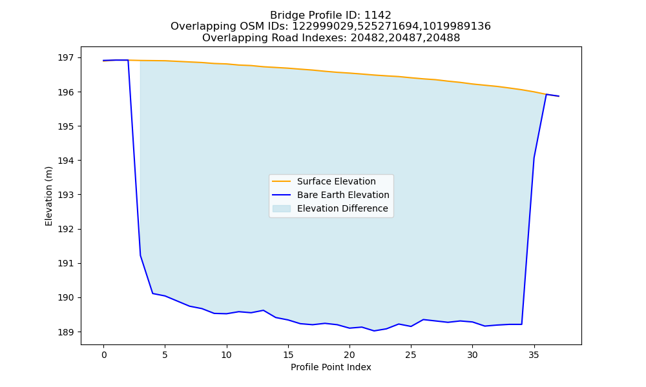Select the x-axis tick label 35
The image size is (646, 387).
[x=534, y=355]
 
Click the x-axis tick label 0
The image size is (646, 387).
[x=104, y=355]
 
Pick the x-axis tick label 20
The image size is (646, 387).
[x=349, y=355]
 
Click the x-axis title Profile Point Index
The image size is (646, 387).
[x=331, y=367]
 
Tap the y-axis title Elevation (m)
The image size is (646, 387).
[x=48, y=196]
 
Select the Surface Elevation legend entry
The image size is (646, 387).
[x=336, y=181]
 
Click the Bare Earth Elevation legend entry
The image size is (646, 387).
[x=343, y=195]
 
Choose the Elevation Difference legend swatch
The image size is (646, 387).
[x=282, y=208]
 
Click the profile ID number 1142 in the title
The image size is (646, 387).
[x=378, y=15]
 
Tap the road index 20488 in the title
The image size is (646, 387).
[x=445, y=38]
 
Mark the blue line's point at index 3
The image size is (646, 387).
[x=140, y=255]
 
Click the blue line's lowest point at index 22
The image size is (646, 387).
[x=374, y=331]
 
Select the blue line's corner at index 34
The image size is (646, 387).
[x=522, y=324]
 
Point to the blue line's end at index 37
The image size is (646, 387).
[x=559, y=96]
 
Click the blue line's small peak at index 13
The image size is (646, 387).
[x=264, y=310]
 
